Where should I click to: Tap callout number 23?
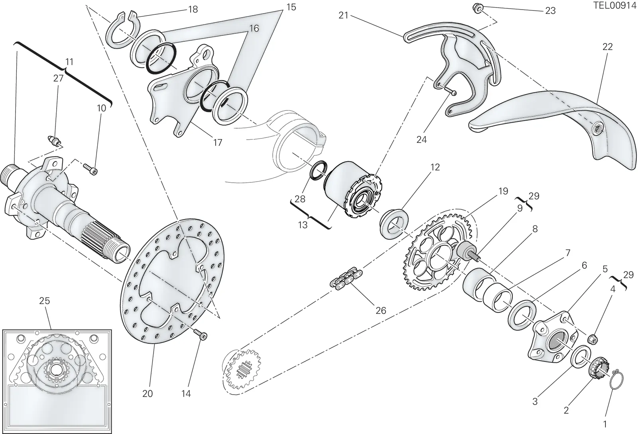(x=550, y=11)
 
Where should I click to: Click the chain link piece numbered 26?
(x=347, y=278)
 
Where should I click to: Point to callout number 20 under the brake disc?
(x=148, y=394)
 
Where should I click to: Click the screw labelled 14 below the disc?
(x=201, y=334)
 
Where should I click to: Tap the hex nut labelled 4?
(x=593, y=338)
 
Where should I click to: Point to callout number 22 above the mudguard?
(x=608, y=47)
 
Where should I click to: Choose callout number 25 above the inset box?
(x=44, y=301)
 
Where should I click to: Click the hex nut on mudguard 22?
(x=596, y=129)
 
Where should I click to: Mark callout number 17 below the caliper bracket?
(x=218, y=143)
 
